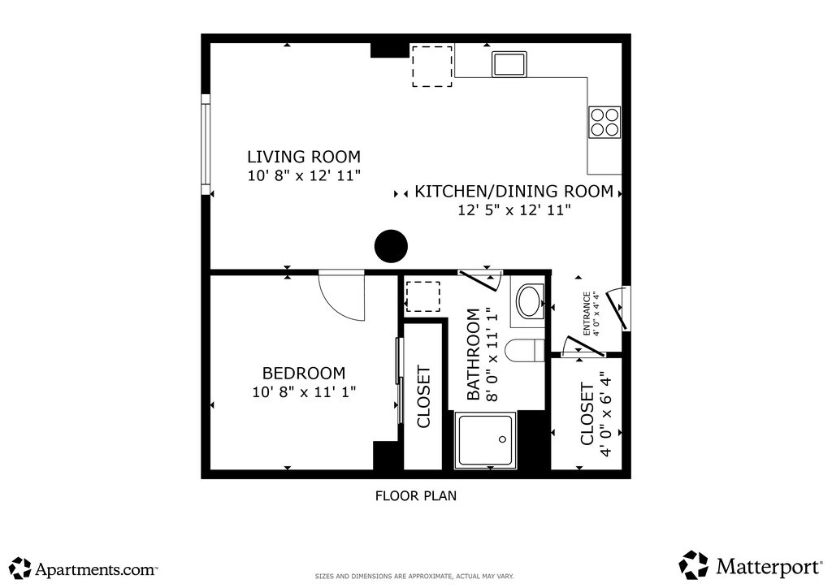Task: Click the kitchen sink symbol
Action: click(x=509, y=64)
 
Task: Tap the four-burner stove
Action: click(x=604, y=123)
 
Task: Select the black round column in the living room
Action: click(x=391, y=246)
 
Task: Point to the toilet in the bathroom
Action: click(x=524, y=351)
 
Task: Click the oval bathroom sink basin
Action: click(x=530, y=301)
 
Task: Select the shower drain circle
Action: click(x=502, y=439)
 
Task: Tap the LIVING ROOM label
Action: click(x=304, y=157)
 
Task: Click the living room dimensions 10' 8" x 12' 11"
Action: click(x=304, y=175)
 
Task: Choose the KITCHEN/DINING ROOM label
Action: click(x=513, y=192)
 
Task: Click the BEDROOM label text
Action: click(x=304, y=374)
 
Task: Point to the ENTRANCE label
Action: click(x=587, y=313)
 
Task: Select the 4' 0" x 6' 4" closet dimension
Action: click(x=605, y=413)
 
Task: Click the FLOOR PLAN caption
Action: click(x=416, y=495)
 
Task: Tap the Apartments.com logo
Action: click(x=84, y=569)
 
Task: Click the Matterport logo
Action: click(x=750, y=565)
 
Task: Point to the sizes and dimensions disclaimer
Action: click(x=414, y=577)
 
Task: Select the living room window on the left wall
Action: click(x=206, y=145)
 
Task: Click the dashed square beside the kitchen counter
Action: click(x=432, y=67)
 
